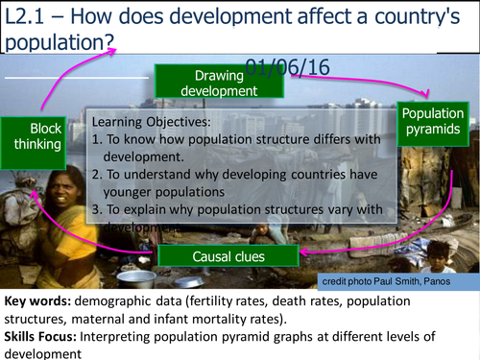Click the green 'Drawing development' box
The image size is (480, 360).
pyautogui.click(x=227, y=83)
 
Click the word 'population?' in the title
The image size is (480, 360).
pyautogui.click(x=59, y=42)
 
